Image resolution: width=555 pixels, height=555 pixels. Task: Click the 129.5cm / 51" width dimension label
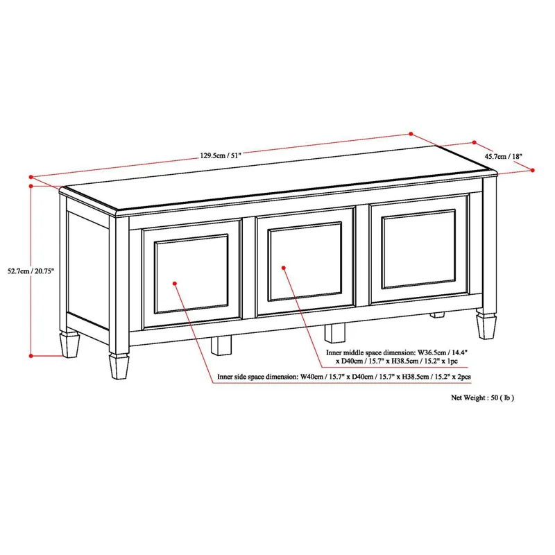click(221, 156)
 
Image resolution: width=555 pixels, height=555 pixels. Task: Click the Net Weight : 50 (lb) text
click(483, 398)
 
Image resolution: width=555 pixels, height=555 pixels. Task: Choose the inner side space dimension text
click(343, 377)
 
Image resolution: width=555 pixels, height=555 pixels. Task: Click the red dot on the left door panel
click(175, 283)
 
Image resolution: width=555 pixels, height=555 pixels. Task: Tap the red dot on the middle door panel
click(284, 266)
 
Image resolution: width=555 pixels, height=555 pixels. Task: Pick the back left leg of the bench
click(70, 343)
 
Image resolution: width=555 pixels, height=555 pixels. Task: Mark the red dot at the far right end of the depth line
click(532, 169)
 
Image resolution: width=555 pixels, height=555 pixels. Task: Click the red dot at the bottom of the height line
click(31, 355)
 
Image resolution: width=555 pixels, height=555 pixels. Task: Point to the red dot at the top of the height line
click(31, 186)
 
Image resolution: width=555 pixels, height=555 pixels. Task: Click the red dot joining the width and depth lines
click(411, 134)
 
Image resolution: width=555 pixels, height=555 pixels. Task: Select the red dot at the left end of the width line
click(31, 176)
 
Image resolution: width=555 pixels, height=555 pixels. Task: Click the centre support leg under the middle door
click(335, 333)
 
